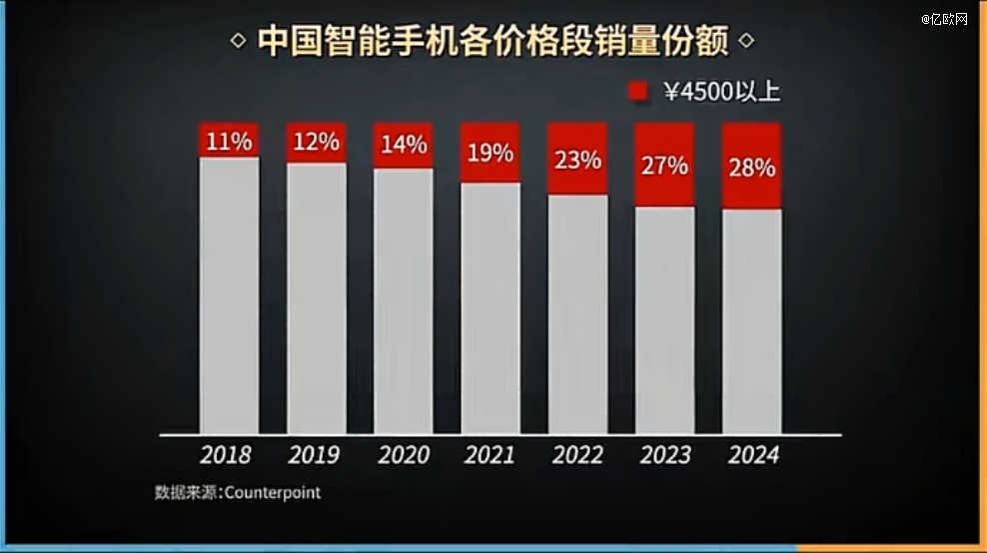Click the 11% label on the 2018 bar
coord(229,141)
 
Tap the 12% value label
coord(317,142)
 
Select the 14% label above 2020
coord(404,145)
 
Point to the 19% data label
coord(491,154)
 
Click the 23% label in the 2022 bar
coord(577,160)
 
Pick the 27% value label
coord(664,166)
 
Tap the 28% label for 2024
coord(752,168)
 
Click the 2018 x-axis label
coord(226,455)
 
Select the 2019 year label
coord(314,455)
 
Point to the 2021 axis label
coord(490,455)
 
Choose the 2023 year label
coord(665,455)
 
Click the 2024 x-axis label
coord(753,455)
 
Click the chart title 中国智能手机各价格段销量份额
coord(493,43)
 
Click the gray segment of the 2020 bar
coord(404,299)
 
